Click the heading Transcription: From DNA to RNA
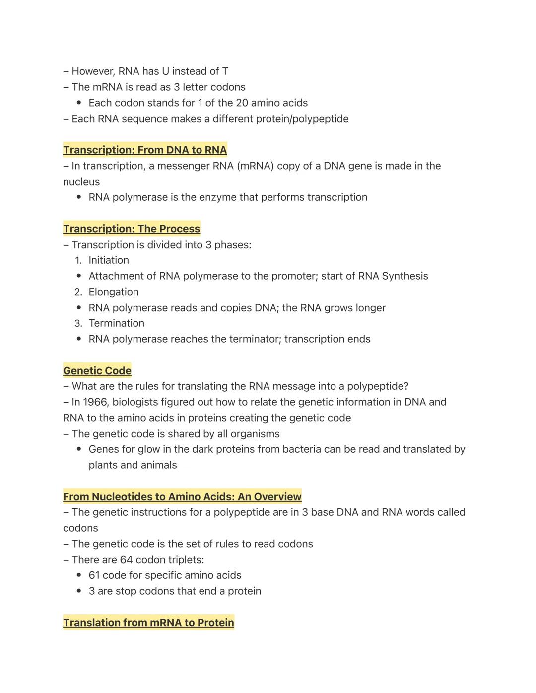145,150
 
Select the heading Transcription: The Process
132,229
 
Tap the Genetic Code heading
97,371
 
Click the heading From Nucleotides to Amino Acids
182,497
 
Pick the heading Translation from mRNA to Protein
148,623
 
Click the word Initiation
109,260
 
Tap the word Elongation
114,292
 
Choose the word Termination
117,323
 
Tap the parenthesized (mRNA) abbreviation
255,166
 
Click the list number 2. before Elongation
78,292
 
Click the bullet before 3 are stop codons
79,591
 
